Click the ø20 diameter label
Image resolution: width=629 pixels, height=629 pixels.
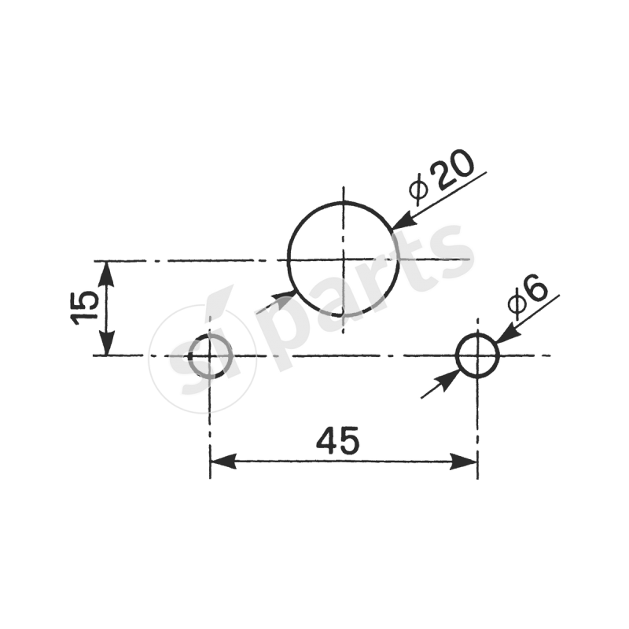coord(442,179)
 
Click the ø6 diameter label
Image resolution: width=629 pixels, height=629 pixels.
coord(528,298)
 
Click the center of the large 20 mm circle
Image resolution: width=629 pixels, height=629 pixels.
coord(343,259)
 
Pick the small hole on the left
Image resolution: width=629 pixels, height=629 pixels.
coord(210,355)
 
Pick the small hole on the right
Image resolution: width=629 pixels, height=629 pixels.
coord(477,355)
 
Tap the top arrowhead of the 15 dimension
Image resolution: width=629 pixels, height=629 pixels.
coord(107,272)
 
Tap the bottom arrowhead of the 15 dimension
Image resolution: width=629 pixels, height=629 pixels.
coord(107,344)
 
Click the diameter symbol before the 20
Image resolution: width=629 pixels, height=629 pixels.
coord(418,189)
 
